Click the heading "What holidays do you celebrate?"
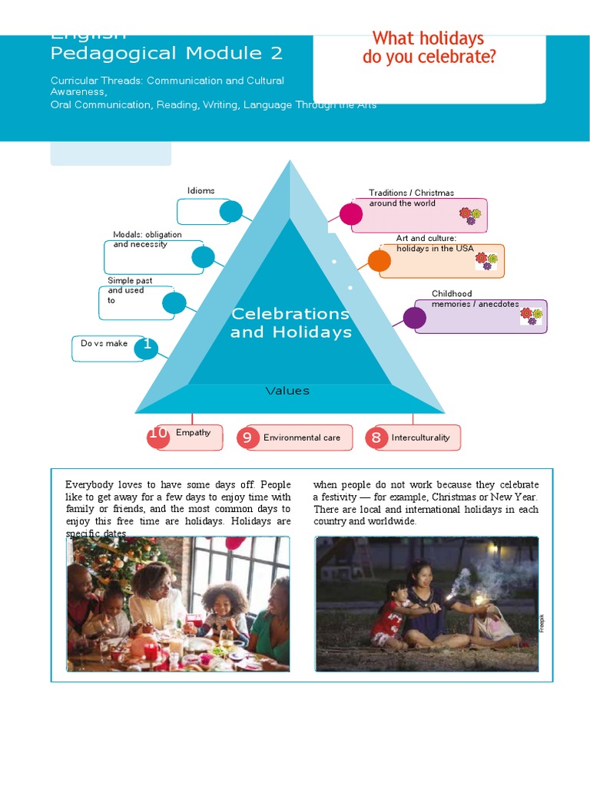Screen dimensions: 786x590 tap(429, 47)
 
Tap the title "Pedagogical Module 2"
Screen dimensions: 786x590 tap(167, 53)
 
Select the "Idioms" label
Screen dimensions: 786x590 tap(201, 190)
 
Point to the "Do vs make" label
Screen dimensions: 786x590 tap(104, 343)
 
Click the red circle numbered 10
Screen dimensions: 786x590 tap(158, 435)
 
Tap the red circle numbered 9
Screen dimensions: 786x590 tap(247, 438)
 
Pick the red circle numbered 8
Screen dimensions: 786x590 tap(376, 438)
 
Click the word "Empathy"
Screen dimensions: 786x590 tap(193, 433)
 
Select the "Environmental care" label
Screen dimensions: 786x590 tap(302, 438)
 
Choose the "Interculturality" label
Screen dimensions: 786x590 tap(420, 438)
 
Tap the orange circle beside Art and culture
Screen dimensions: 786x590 tap(380, 261)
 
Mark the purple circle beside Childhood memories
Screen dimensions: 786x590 tap(415, 317)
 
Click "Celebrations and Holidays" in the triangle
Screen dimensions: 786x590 tap(290, 323)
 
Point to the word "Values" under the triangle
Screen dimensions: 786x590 tap(287, 391)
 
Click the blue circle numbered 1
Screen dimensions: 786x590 tap(146, 348)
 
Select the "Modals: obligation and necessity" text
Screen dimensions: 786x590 tap(147, 239)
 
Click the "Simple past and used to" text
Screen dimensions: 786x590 tap(130, 290)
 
